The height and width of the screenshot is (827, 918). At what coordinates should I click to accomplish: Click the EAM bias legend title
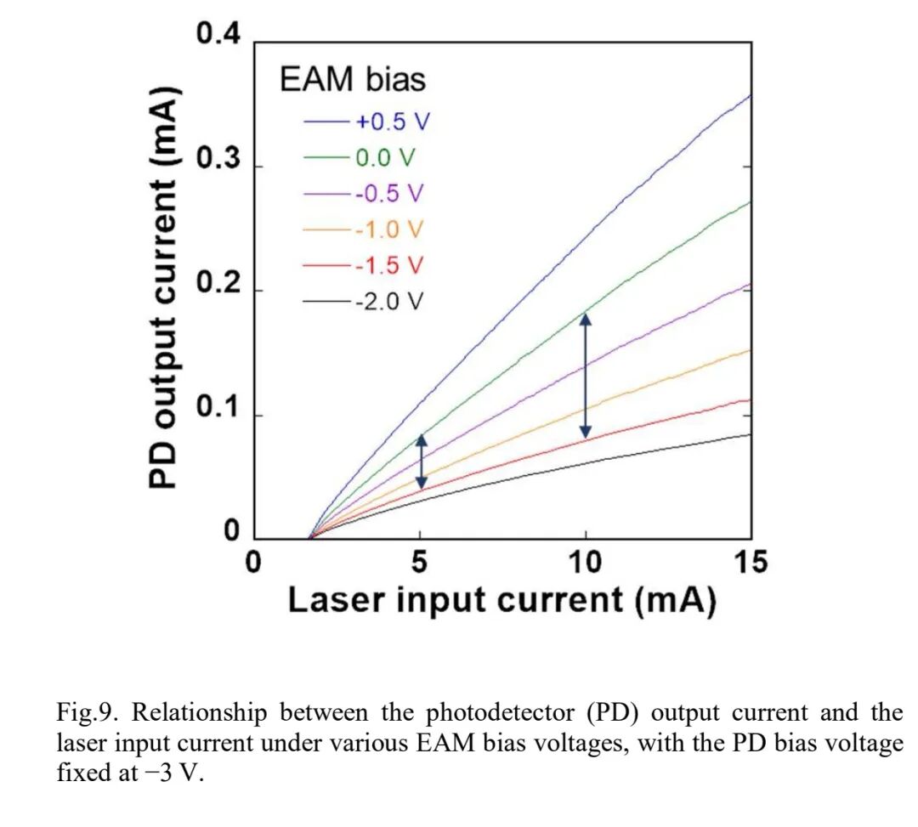pos(353,81)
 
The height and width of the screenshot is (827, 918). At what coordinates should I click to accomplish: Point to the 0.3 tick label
pos(218,161)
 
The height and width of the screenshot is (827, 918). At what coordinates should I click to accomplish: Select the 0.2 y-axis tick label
pos(218,288)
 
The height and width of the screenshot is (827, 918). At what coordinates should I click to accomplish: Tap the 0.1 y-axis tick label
pos(218,413)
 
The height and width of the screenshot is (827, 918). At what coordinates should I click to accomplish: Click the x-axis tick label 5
pos(420,563)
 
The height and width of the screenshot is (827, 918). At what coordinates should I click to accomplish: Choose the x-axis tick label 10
pos(585,563)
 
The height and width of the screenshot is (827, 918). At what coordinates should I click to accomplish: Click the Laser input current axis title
pos(501,601)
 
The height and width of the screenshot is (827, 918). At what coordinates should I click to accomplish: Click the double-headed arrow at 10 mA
pos(585,376)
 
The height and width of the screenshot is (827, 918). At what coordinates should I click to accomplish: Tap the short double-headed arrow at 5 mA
pos(420,462)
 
